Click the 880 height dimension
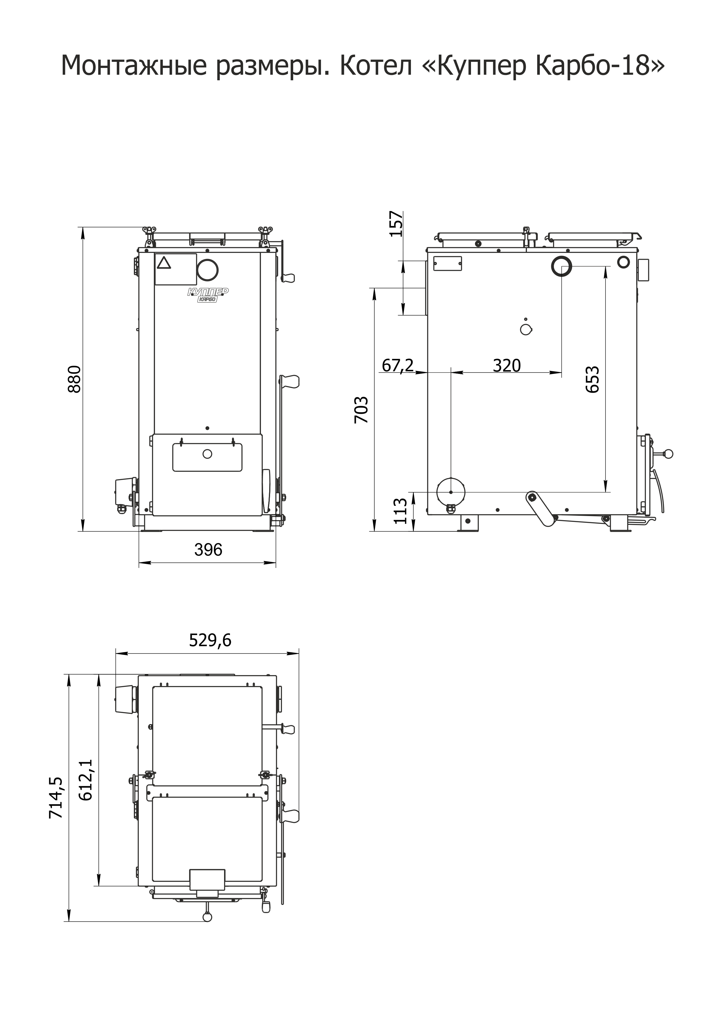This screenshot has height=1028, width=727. coord(75,379)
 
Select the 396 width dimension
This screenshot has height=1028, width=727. coord(208,550)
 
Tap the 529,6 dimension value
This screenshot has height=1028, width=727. coord(210,641)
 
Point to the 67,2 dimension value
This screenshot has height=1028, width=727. coord(398,366)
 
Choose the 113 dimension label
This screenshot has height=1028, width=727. coord(401,511)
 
